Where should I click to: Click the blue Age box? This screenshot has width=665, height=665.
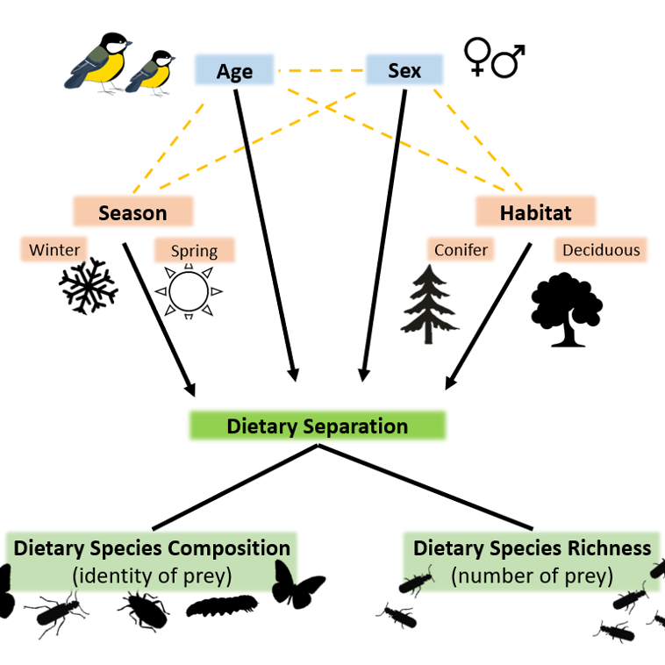tap(234, 70)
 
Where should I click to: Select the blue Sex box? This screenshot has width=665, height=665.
tap(404, 70)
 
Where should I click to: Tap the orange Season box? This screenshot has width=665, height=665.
tap(132, 212)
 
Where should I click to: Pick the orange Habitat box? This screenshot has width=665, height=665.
tap(535, 212)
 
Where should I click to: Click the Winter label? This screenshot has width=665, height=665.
tap(54, 250)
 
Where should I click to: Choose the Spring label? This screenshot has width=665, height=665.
tap(194, 251)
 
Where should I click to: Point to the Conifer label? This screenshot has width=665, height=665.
tap(461, 250)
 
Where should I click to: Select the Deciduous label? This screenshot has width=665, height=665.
tap(601, 250)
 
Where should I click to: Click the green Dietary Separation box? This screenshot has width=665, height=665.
tap(317, 426)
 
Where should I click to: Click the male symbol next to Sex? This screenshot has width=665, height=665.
tap(509, 61)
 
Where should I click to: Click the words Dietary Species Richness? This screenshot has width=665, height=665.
tap(532, 548)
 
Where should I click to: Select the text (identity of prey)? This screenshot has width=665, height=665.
tap(151, 576)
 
